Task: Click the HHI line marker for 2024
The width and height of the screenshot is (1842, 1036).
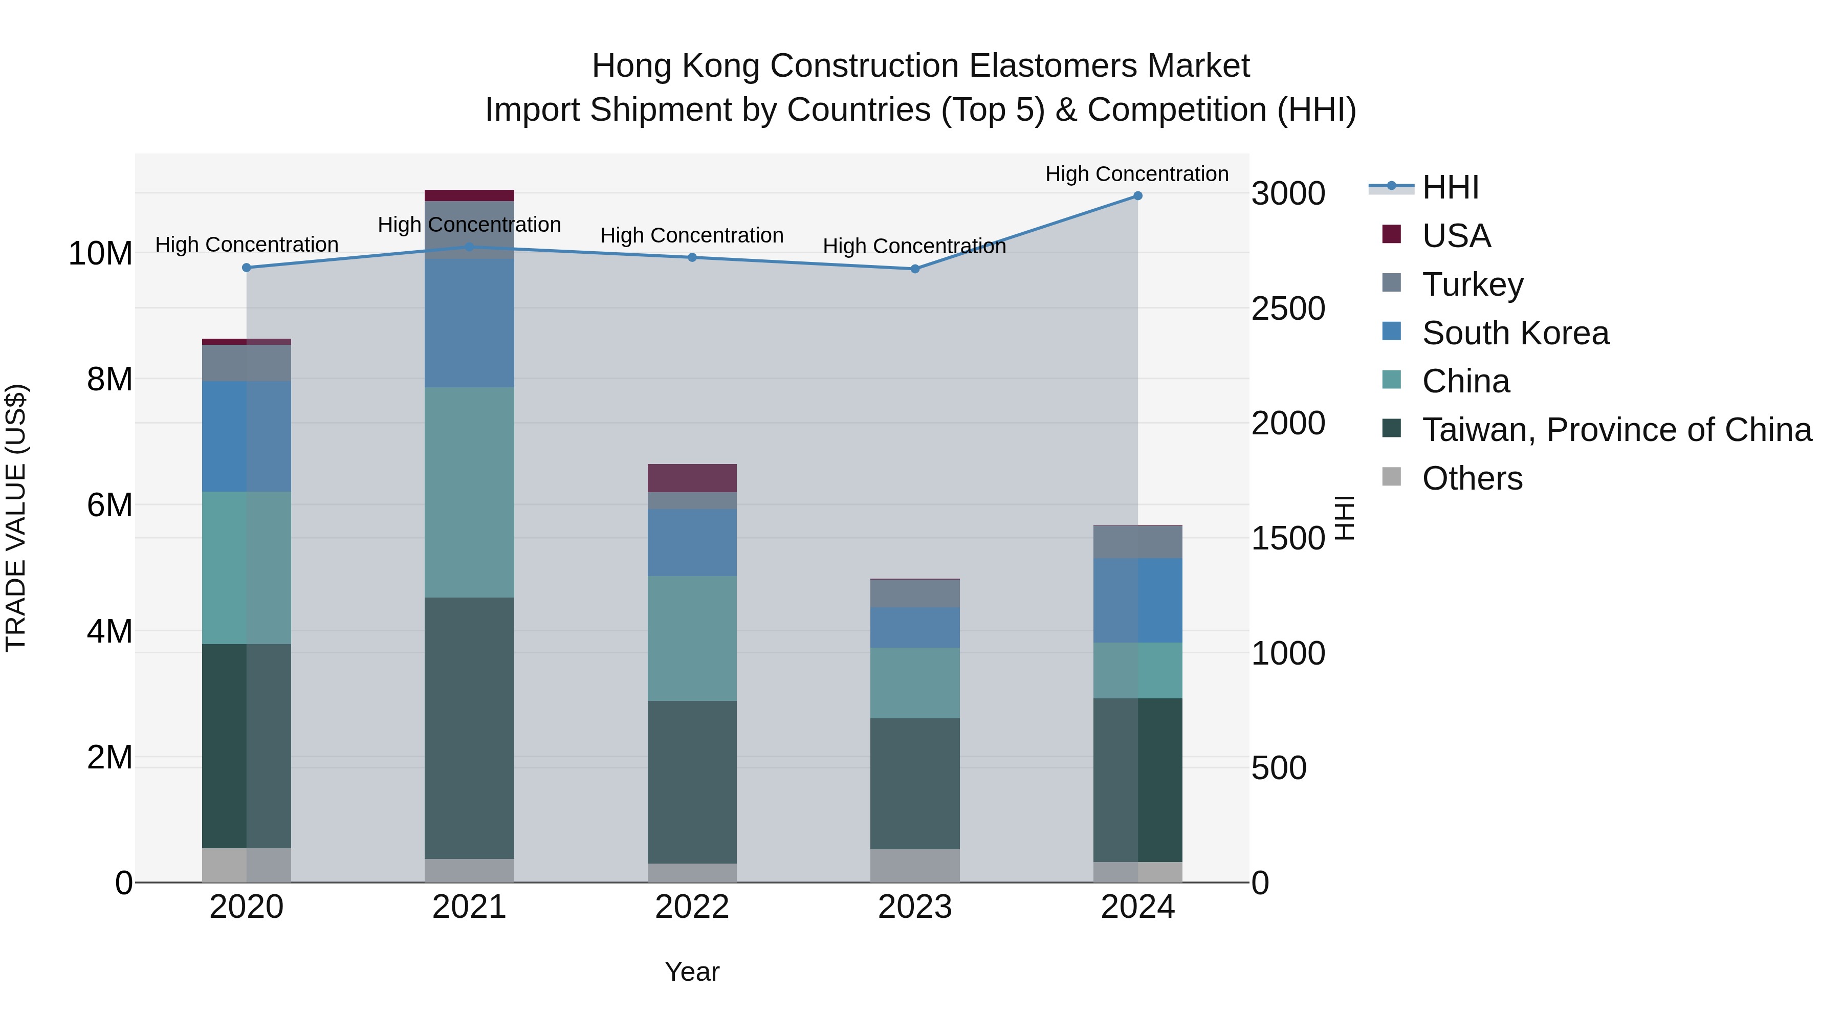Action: pyautogui.click(x=1137, y=196)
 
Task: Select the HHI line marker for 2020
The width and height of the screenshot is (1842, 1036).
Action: pyautogui.click(x=247, y=268)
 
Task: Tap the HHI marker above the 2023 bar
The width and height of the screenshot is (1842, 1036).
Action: pyautogui.click(x=914, y=269)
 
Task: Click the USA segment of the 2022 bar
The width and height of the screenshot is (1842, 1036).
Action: pyautogui.click(x=692, y=478)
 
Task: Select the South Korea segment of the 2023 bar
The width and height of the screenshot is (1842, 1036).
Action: pyautogui.click(x=914, y=628)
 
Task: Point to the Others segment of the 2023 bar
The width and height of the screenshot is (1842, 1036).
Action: pyautogui.click(x=914, y=865)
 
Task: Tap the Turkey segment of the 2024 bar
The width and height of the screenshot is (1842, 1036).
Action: pyautogui.click(x=1137, y=542)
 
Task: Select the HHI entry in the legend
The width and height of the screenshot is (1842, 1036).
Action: pyautogui.click(x=1450, y=187)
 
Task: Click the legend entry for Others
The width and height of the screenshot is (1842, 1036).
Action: pyautogui.click(x=1472, y=478)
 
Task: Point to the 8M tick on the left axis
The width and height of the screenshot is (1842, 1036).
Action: pyautogui.click(x=109, y=380)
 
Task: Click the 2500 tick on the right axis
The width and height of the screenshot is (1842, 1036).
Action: pyautogui.click(x=1288, y=309)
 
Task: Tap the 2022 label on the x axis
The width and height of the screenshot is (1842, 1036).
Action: pyautogui.click(x=692, y=907)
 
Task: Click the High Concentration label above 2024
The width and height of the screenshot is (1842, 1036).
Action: pyautogui.click(x=1137, y=174)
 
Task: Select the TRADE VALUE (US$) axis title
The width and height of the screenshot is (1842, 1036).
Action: pyautogui.click(x=16, y=518)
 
